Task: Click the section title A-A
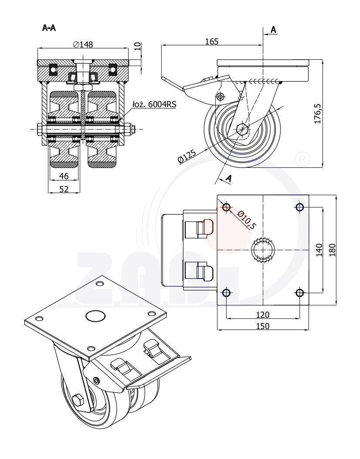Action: pyautogui.click(x=49, y=28)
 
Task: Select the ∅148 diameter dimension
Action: pyautogui.click(x=83, y=44)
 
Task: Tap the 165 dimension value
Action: pyautogui.click(x=211, y=41)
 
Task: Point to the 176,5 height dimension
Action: pyautogui.click(x=318, y=114)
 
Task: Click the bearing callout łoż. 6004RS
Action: pyautogui.click(x=154, y=105)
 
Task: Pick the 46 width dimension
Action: pyautogui.click(x=64, y=176)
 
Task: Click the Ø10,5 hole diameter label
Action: pyautogui.click(x=247, y=219)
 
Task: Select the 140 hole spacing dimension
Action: pyautogui.click(x=319, y=250)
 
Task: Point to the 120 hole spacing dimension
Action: pyautogui.click(x=262, y=314)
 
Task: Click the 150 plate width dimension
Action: pyautogui.click(x=262, y=326)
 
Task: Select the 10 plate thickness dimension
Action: pyautogui.click(x=137, y=46)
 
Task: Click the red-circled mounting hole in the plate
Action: pyautogui.click(x=226, y=207)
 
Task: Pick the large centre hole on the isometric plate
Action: pyautogui.click(x=96, y=316)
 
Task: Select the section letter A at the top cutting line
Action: pyautogui.click(x=273, y=30)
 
